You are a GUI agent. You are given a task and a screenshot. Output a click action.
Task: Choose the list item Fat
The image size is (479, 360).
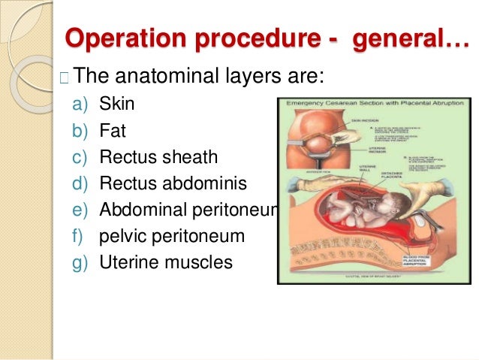point(112,132)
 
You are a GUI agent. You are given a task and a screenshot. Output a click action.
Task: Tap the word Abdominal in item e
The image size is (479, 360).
point(149,210)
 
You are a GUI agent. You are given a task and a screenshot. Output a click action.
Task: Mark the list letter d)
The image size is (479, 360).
point(80,183)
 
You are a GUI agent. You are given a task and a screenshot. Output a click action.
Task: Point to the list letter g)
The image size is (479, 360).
point(80,262)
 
